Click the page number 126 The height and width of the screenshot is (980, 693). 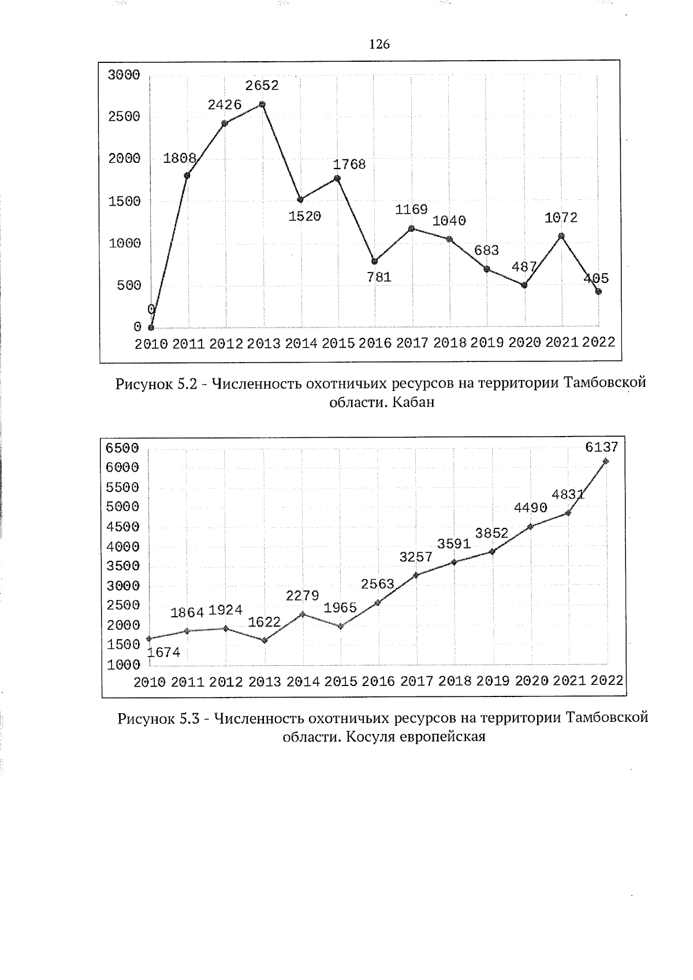(x=379, y=44)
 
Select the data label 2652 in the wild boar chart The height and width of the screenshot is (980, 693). (x=262, y=85)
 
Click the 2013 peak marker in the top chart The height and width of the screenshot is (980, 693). (x=262, y=105)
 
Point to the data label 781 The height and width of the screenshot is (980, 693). (x=379, y=277)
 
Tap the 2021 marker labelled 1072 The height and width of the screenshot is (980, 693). (x=561, y=236)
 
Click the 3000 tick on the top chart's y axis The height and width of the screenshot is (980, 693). (x=124, y=75)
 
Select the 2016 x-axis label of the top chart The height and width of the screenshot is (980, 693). (x=375, y=343)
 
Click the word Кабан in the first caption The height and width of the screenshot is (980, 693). (x=413, y=403)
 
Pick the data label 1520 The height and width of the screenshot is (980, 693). (x=304, y=217)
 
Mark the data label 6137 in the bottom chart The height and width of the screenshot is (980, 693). (x=602, y=447)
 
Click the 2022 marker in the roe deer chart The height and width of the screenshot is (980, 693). (x=606, y=461)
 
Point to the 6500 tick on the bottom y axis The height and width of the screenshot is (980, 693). (x=122, y=448)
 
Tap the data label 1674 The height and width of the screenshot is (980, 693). (x=164, y=653)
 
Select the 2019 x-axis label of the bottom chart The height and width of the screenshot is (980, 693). (x=493, y=681)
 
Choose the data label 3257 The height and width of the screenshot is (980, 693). (x=416, y=557)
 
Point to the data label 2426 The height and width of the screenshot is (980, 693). (x=225, y=105)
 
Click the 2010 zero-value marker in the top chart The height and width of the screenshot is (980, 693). (x=151, y=327)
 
